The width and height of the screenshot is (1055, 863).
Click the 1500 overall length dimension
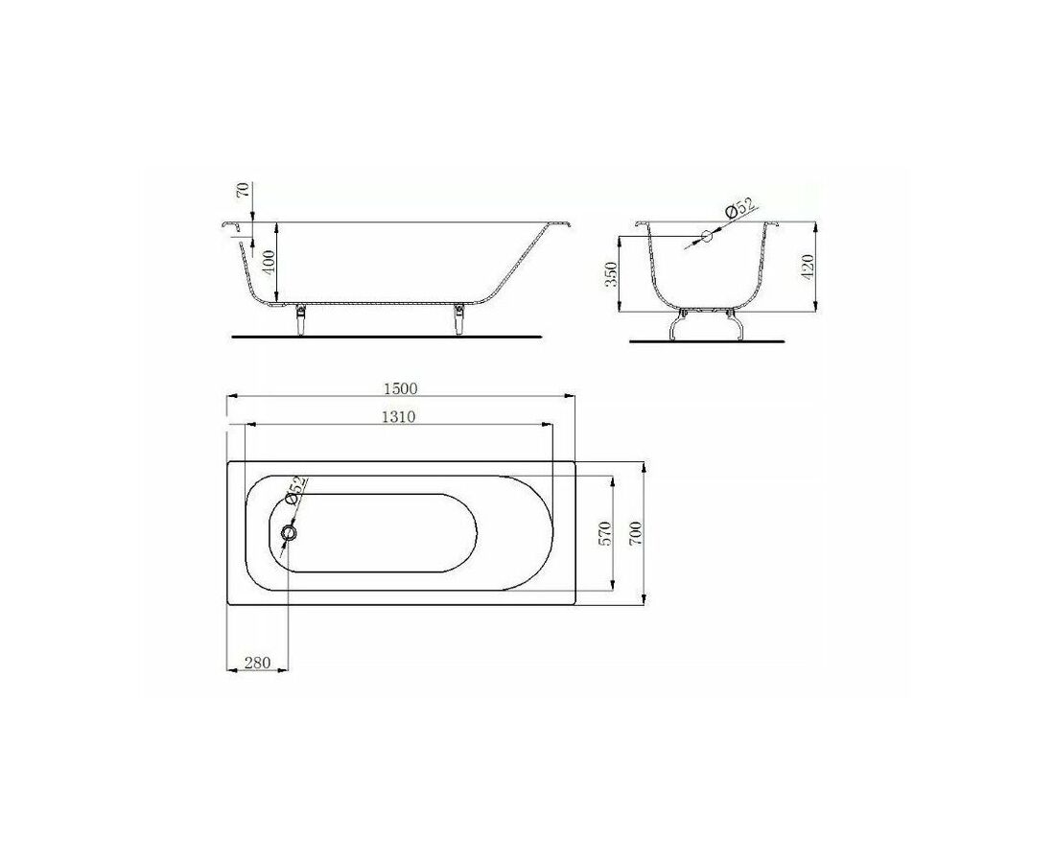(x=400, y=388)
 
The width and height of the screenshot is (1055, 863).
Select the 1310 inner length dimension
(x=398, y=417)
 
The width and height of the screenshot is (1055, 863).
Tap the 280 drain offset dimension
(x=257, y=663)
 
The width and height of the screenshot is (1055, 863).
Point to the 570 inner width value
(x=603, y=533)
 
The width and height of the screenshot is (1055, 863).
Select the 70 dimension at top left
(x=244, y=189)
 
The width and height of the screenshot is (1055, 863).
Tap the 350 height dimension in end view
(x=611, y=274)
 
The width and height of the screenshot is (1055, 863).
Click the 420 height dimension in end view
(x=809, y=267)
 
